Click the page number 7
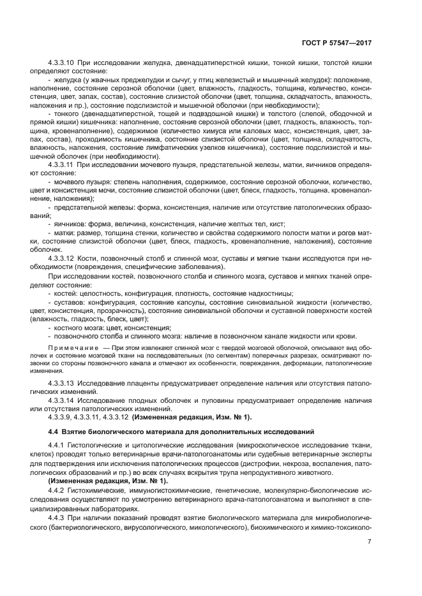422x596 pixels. pyautogui.click(x=370, y=542)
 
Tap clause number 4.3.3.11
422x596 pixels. pyautogui.click(x=62, y=164)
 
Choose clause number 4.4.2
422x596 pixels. pyautogui.click(x=57, y=491)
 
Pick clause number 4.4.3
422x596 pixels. pyautogui.click(x=57, y=518)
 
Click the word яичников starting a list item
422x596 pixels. pyautogui.click(x=71, y=224)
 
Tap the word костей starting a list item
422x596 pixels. pyautogui.click(x=67, y=293)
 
